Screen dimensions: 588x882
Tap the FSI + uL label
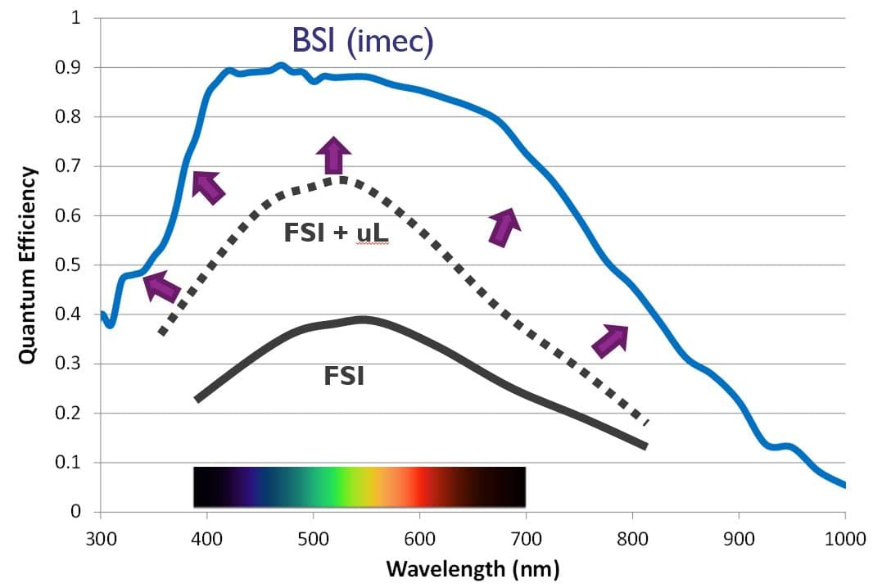[334, 233]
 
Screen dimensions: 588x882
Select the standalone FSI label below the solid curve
[344, 378]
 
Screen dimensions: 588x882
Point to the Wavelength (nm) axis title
[473, 568]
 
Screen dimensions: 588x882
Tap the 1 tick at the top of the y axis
[76, 18]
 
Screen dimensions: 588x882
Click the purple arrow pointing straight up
[333, 156]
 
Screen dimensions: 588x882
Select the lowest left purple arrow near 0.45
[161, 287]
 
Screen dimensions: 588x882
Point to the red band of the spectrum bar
[419, 486]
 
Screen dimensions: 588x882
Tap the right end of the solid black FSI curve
[645, 446]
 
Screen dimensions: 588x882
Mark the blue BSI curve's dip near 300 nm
[110, 324]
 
